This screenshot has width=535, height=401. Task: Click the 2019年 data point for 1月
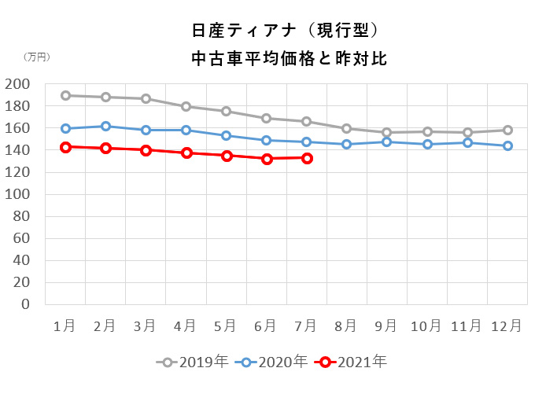[x=65, y=95]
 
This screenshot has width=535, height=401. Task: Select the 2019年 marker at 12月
[x=507, y=130]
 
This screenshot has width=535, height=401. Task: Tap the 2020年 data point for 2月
[x=105, y=126]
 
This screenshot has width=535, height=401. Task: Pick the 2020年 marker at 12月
[x=507, y=145]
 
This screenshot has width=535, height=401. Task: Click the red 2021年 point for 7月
[x=307, y=158]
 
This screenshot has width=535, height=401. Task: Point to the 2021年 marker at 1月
[x=65, y=147]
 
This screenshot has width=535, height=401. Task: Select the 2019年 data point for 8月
[x=346, y=128]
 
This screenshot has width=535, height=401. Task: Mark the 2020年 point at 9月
[x=387, y=142]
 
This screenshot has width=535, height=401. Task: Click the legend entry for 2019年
[x=193, y=362]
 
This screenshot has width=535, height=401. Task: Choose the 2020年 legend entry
[x=273, y=362]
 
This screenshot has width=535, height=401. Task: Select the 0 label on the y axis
[x=25, y=304]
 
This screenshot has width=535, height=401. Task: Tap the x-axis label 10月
[x=427, y=326]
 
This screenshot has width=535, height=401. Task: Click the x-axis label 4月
[x=186, y=326]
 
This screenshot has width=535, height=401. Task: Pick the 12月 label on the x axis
[x=507, y=326]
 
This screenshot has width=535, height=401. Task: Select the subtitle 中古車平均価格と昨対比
[x=289, y=59]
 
